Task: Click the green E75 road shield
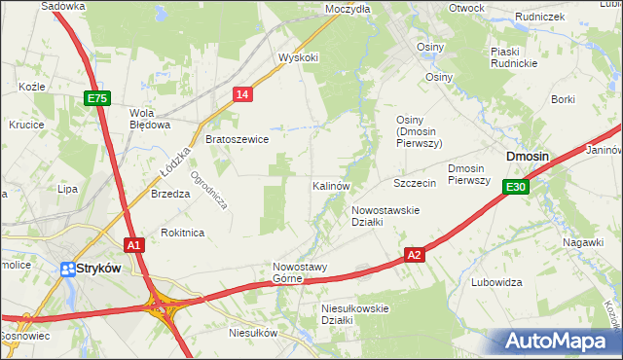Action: (97, 98)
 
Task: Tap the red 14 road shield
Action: (243, 93)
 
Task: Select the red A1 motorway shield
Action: (134, 245)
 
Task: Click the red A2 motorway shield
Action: (415, 255)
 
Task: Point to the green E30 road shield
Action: (516, 187)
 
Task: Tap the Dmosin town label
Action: (527, 156)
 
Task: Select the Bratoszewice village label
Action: (238, 139)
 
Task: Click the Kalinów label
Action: (331, 185)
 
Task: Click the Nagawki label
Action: (584, 242)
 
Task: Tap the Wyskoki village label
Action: (299, 57)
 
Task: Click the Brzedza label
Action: (170, 194)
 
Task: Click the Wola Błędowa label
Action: (150, 118)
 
